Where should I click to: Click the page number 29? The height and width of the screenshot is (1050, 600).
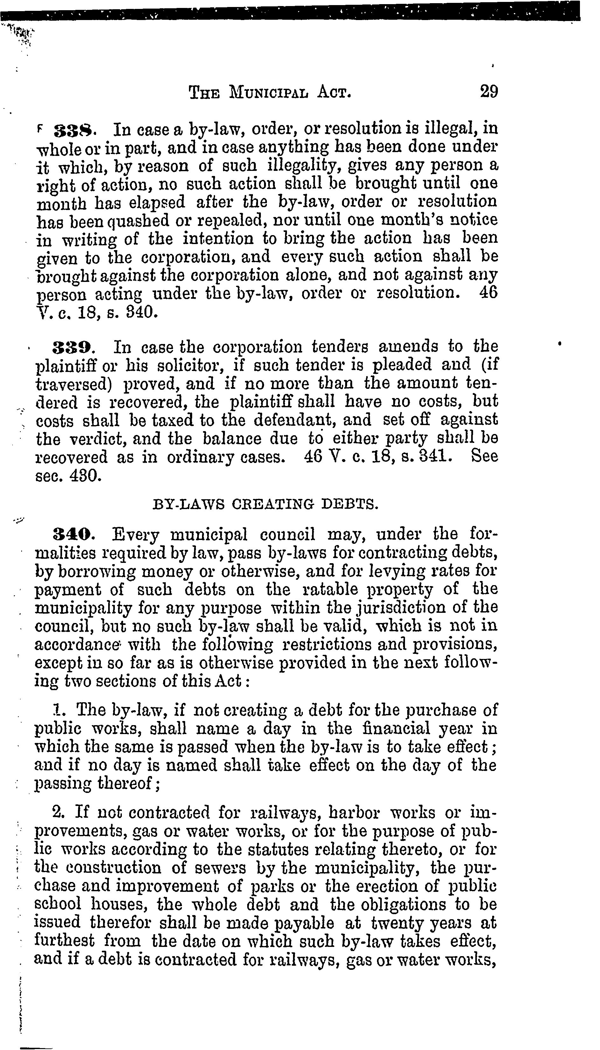coord(489,91)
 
